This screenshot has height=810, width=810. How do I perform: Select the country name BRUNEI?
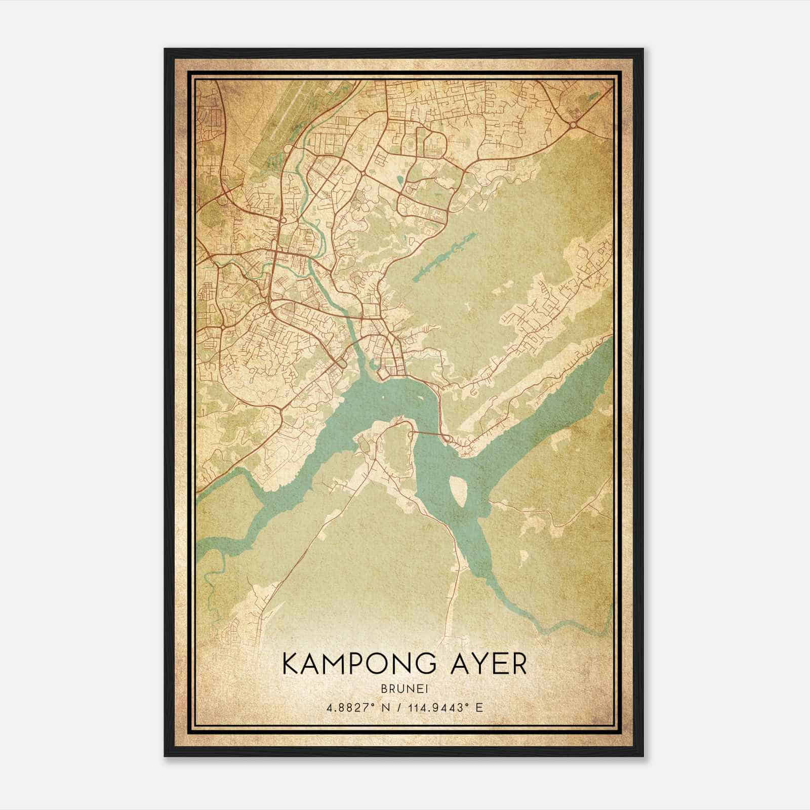(404, 690)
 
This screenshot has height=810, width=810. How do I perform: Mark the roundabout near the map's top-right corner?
(573, 125)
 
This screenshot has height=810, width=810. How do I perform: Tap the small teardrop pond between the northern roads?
(401, 179)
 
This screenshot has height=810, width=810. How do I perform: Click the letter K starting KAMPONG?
(292, 663)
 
